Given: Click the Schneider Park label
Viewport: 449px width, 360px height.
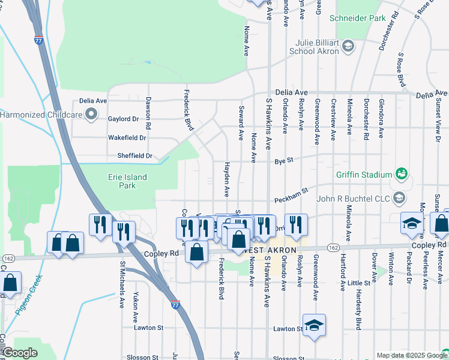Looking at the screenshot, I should (358, 19).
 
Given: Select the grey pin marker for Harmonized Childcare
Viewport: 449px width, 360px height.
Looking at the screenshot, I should (91, 114).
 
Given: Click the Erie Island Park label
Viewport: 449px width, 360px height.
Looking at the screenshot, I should (127, 181).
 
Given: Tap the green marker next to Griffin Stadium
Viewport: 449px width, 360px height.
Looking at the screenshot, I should (402, 175).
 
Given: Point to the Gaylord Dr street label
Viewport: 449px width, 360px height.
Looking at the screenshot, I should (122, 119).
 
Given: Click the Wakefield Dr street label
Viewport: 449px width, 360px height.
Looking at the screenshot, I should (127, 137).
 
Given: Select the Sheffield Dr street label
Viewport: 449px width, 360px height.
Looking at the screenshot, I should (136, 155).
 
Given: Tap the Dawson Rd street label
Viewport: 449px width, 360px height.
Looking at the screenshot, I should (148, 113).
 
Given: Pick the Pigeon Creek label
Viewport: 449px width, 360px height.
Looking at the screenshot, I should (31, 295).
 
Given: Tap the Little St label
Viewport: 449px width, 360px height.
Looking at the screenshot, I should (359, 283).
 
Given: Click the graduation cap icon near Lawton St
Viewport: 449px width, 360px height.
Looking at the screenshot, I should (314, 325).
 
